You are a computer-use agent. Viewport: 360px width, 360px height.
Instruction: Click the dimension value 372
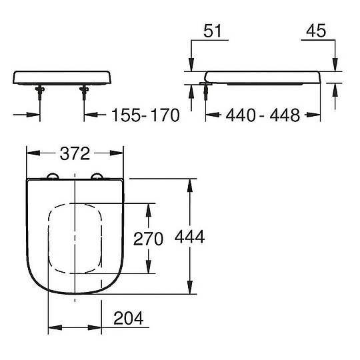point(75,154)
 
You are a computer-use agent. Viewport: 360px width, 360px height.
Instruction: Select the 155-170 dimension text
point(145,115)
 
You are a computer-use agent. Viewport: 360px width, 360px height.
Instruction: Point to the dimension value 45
point(315,31)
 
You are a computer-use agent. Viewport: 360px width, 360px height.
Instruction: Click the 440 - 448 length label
point(263,115)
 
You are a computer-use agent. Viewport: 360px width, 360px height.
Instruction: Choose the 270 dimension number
point(148,238)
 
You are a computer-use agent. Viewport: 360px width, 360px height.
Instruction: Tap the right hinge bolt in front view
point(85,95)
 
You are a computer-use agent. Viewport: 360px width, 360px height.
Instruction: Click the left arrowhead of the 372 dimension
point(30,154)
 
